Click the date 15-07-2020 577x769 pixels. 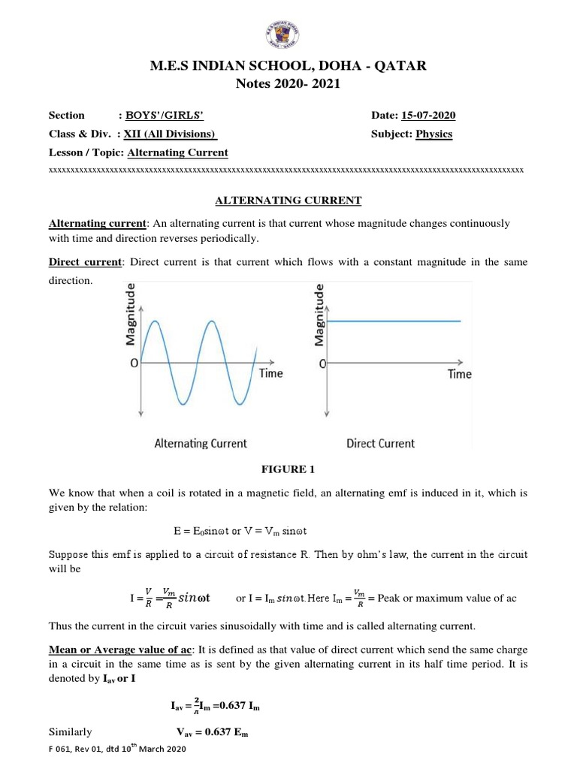pos(428,115)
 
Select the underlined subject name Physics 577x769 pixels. pos(434,134)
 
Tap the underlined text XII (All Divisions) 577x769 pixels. pos(171,134)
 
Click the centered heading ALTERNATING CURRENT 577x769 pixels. pos(288,200)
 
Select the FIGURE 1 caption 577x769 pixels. pos(288,469)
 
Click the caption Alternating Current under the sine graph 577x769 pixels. pos(200,443)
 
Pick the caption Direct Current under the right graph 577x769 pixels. pos(380,443)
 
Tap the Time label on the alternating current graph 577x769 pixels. pos(270,373)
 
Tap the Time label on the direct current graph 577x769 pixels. pos(460,373)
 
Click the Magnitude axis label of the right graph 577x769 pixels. pos(319,314)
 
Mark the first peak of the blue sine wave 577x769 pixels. pos(156,321)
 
